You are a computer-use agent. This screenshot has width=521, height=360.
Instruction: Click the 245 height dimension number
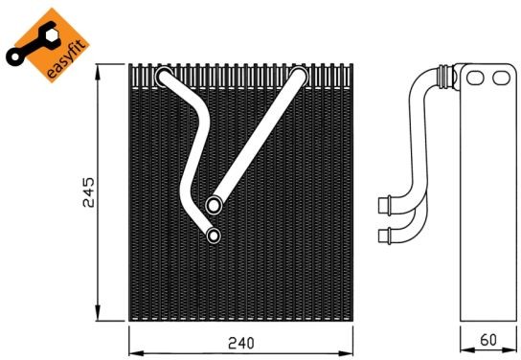point(89,192)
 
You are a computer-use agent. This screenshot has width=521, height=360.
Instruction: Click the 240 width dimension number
point(241,343)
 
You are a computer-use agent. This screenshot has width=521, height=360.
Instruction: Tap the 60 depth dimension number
point(488,339)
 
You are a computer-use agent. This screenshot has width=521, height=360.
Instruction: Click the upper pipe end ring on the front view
point(214,205)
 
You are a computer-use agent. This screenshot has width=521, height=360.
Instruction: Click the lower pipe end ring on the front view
point(214,236)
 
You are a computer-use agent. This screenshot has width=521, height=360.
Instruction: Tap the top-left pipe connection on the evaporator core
point(164,77)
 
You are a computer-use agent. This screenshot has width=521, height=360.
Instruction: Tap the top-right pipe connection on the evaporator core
point(299,76)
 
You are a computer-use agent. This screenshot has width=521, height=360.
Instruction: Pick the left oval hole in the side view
point(475,79)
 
